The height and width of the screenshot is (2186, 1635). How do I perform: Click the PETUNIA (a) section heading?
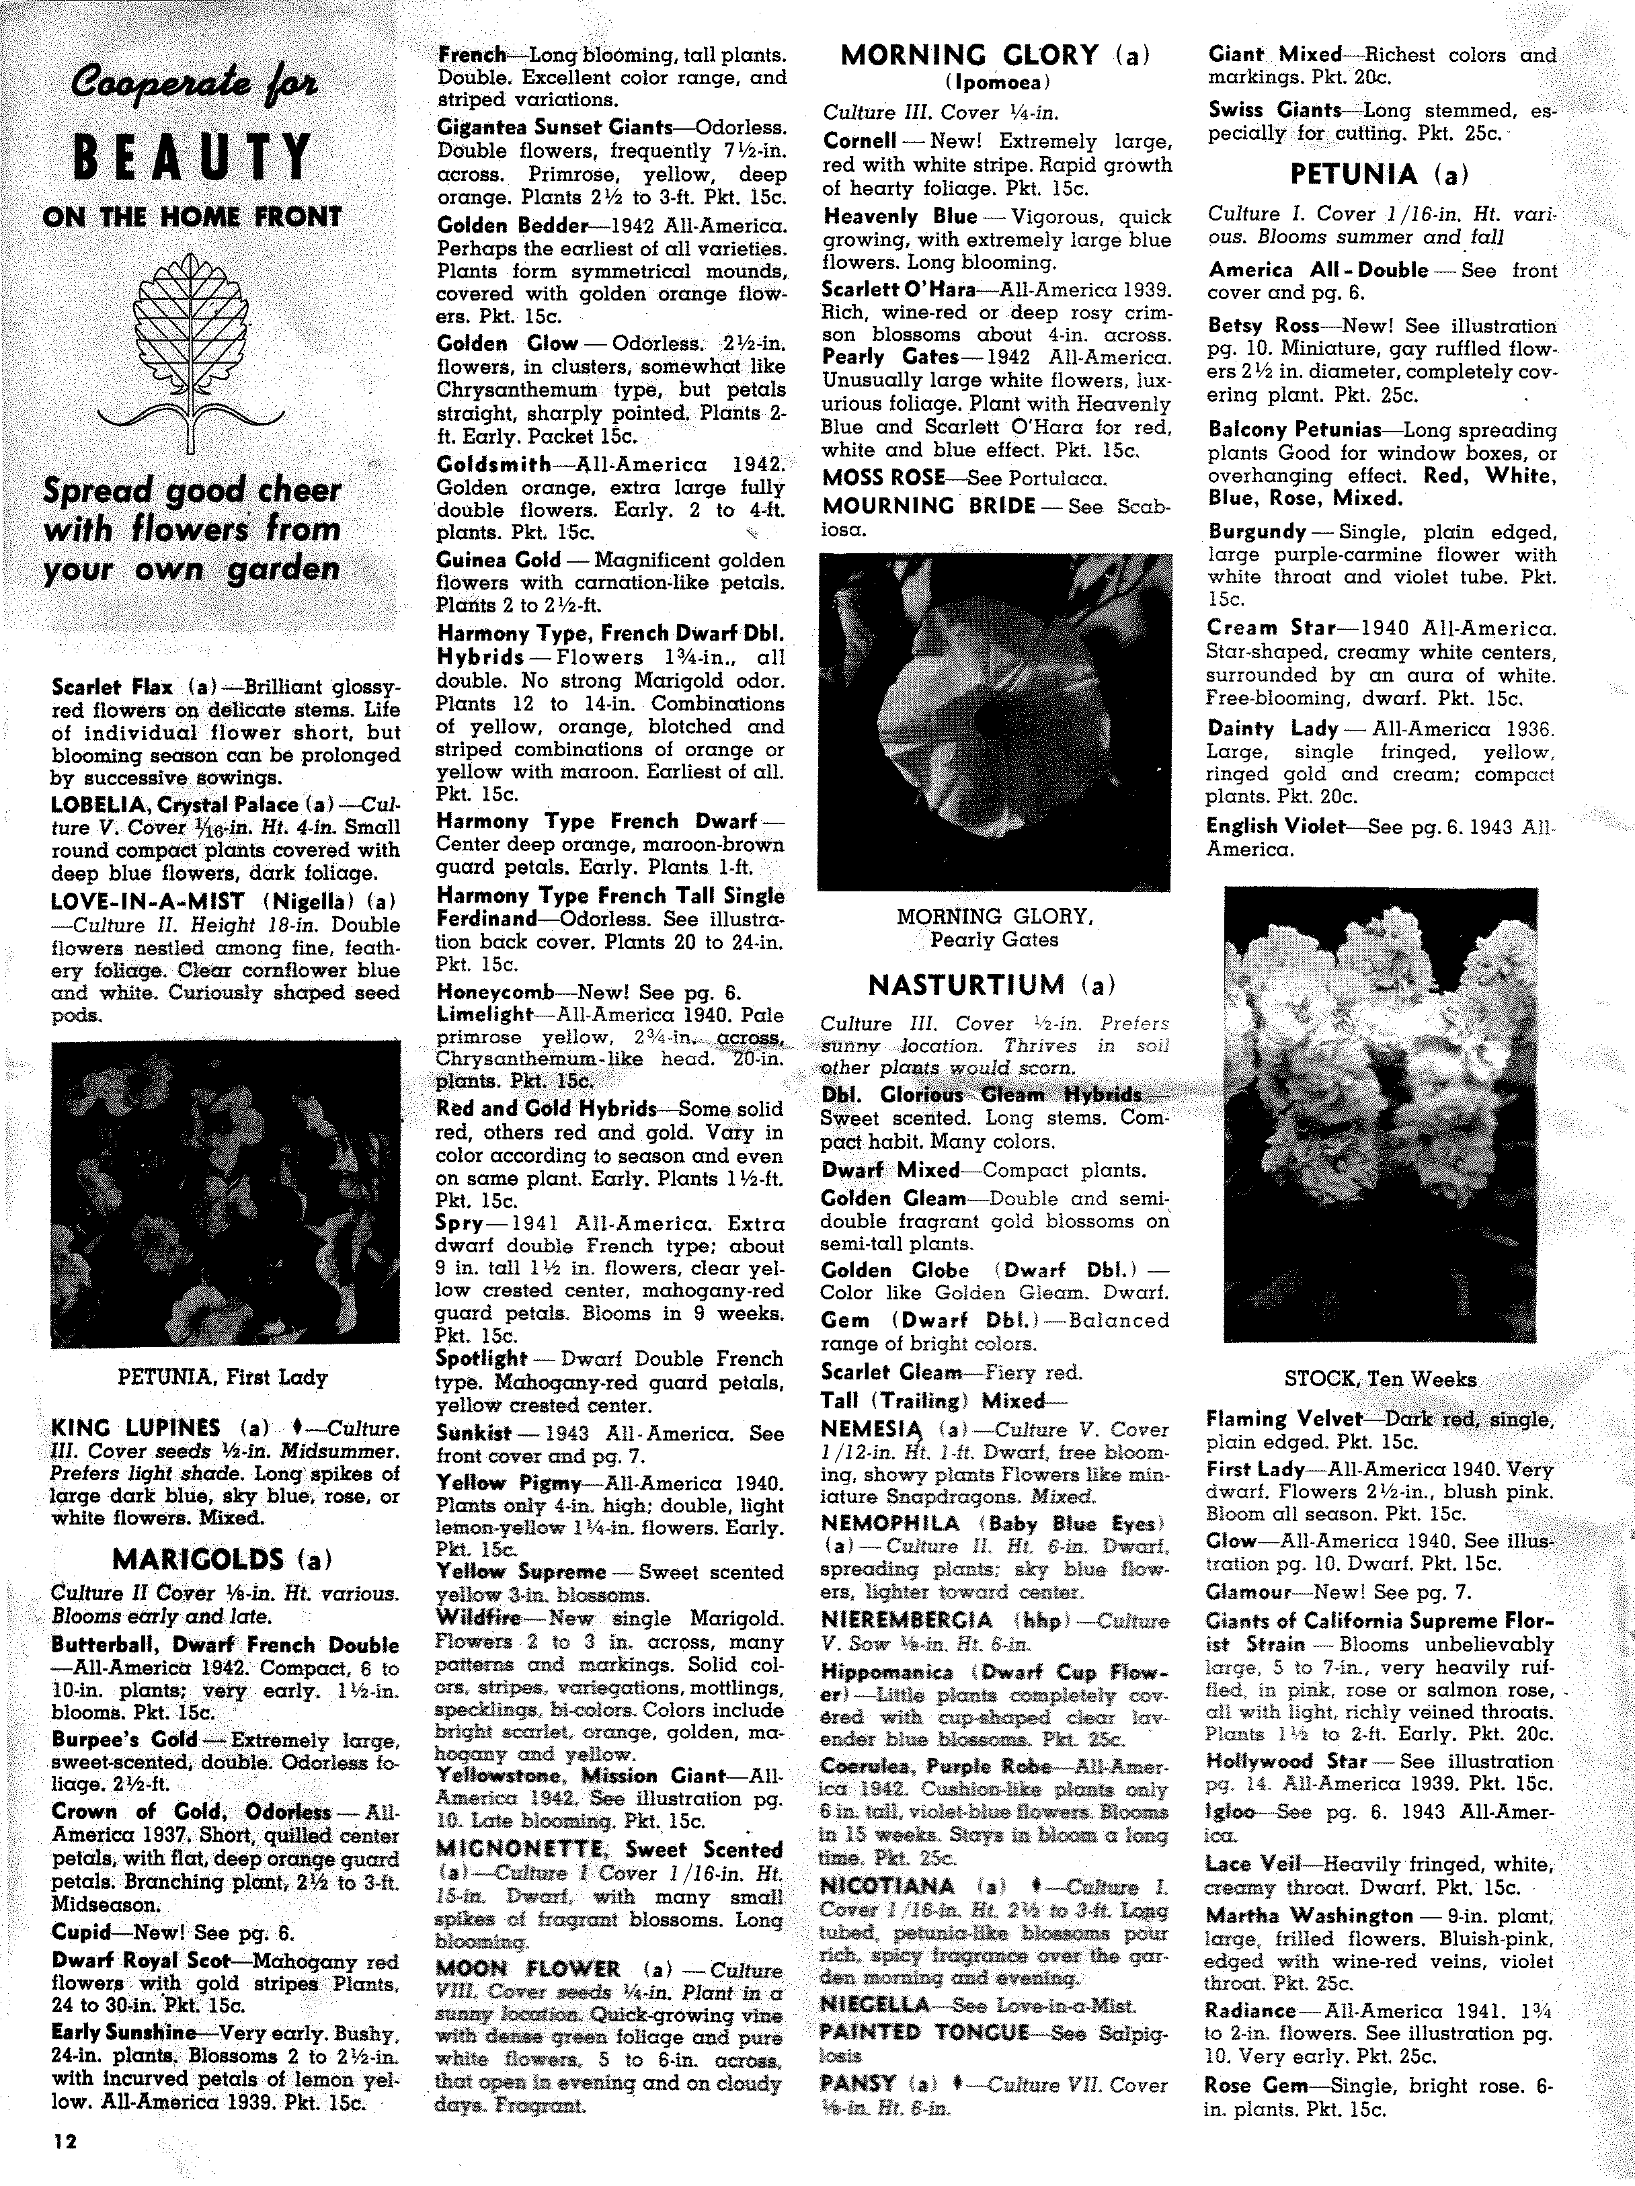pyautogui.click(x=1379, y=175)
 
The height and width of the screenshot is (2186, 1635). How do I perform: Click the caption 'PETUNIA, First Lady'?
pyautogui.click(x=223, y=1377)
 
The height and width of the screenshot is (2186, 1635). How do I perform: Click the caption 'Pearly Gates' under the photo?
pyautogui.click(x=994, y=939)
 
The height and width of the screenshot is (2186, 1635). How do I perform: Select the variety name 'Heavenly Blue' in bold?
pyautogui.click(x=900, y=216)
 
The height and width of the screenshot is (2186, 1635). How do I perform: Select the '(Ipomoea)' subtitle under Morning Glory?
pyautogui.click(x=994, y=82)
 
